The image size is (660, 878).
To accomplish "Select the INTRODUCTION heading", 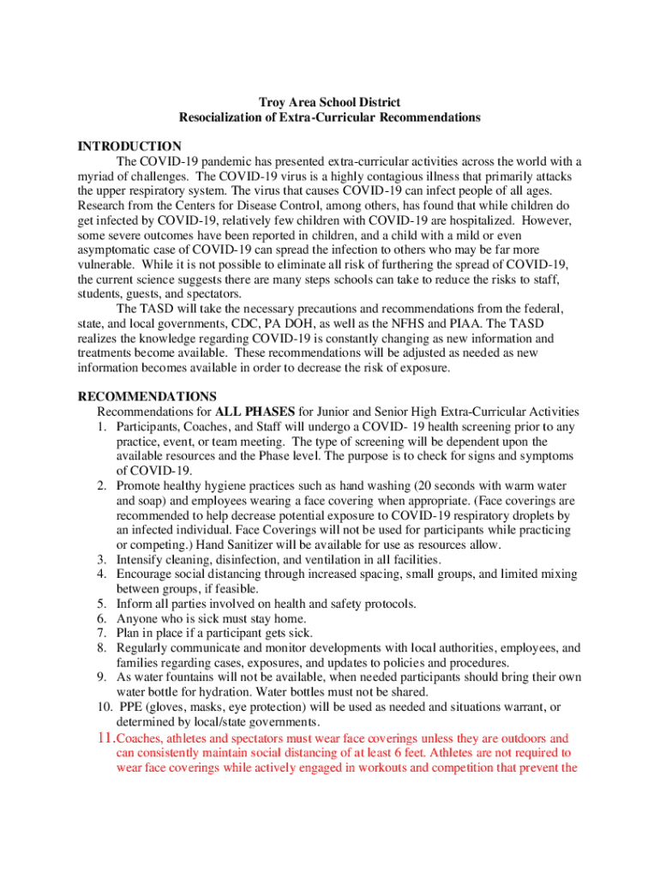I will (x=129, y=147).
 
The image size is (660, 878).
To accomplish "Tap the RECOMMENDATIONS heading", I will (x=147, y=396).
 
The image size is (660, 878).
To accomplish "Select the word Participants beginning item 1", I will (x=151, y=426).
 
